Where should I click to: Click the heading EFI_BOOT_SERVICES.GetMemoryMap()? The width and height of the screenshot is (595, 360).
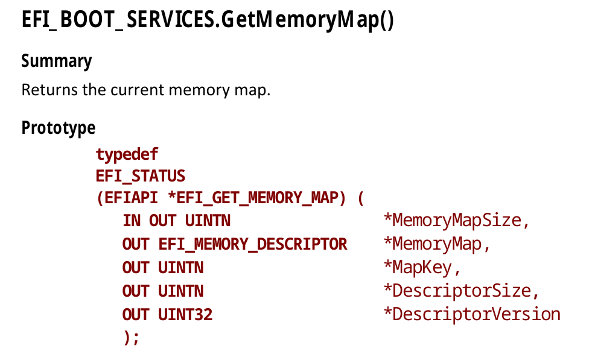(208, 22)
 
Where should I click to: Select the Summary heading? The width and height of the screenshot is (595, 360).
(57, 62)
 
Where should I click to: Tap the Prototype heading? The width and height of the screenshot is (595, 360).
(59, 128)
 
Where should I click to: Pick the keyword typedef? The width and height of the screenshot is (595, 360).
(127, 155)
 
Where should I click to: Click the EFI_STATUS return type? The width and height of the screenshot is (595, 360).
(140, 177)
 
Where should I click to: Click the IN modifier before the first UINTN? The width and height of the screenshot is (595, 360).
(132, 221)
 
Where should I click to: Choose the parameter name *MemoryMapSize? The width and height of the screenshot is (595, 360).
(456, 221)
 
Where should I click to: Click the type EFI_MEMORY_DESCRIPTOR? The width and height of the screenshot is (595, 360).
(253, 244)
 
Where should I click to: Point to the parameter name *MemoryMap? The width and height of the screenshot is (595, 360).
(437, 244)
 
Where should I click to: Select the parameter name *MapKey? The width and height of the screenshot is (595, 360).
(422, 268)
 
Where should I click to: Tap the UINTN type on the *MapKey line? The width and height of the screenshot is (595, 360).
(181, 268)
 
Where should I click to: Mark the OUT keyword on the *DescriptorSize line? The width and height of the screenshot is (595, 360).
(136, 291)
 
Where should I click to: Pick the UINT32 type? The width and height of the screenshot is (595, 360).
(185, 315)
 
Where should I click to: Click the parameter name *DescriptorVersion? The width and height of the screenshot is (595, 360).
(472, 315)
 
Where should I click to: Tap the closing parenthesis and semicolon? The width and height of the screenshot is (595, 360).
(131, 338)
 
